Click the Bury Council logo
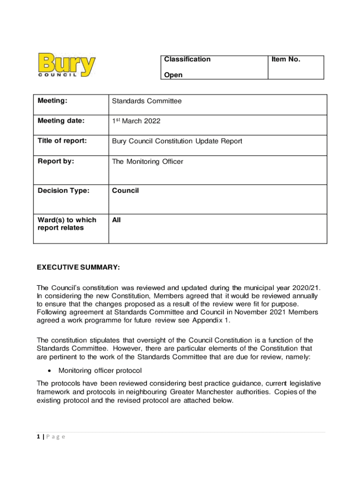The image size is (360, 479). pos(67,66)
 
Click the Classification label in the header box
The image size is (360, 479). pos(187,59)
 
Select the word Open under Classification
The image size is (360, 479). pos(173,75)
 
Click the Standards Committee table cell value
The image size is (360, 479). pos(146,101)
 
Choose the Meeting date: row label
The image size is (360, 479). pos(61,121)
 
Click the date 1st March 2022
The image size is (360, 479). pos(136,121)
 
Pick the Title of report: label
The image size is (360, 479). pos(62,141)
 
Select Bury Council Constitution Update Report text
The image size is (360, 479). pos(177,141)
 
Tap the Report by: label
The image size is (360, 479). pos(56,161)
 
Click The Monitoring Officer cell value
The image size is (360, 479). pos(147,162)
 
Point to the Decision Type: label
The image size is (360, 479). pos(63,190)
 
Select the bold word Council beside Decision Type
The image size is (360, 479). pos(125,190)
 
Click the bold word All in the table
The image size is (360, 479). pos(116,219)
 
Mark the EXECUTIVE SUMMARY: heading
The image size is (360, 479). pos(79,267)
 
